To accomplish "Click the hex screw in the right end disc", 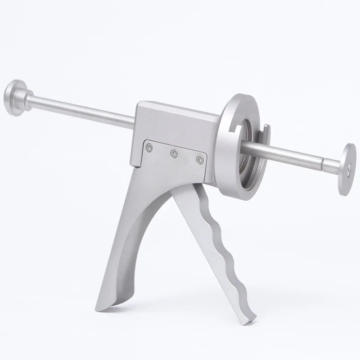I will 350,170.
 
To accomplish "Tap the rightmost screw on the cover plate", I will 199,159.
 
